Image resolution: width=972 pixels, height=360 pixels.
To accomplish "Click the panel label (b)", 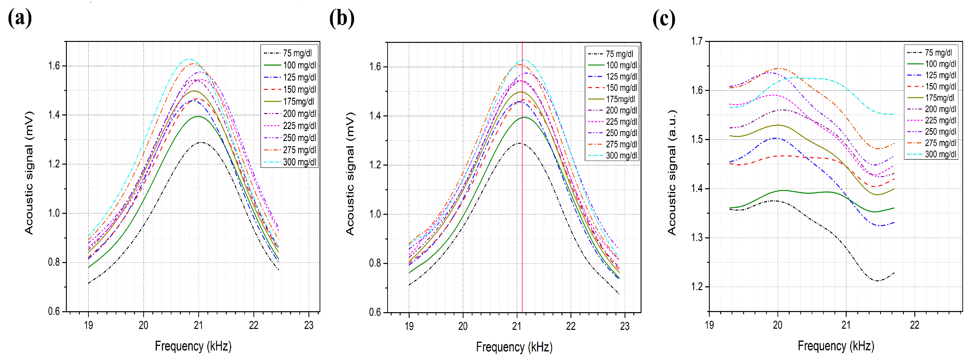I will pos(342,18).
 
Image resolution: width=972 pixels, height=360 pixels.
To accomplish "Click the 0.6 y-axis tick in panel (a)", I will pos(54,311).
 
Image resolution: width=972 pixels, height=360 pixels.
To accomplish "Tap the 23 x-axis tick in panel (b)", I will pos(624,326).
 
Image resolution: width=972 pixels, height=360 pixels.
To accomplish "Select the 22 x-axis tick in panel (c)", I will pos(914,325).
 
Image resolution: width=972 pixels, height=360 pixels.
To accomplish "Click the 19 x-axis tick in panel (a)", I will pos(88,325).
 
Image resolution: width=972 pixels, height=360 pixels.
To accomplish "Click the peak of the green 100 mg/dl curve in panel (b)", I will pos(524,117).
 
